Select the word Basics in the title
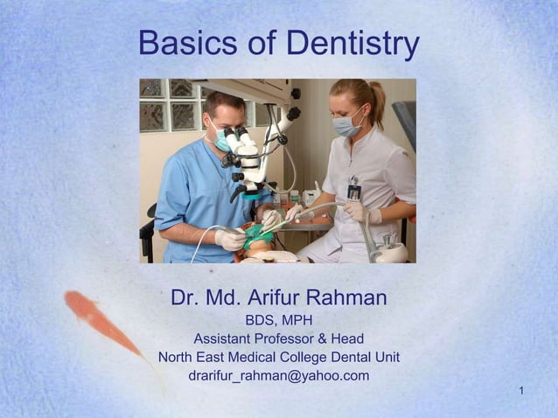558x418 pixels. tap(182, 43)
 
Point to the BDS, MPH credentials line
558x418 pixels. tap(278, 320)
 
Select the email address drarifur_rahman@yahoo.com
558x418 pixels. tap(278, 376)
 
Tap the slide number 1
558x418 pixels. tap(521, 389)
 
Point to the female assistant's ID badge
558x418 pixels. tap(353, 191)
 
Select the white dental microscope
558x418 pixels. tap(249, 157)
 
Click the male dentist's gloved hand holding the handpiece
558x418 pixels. tap(229, 239)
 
